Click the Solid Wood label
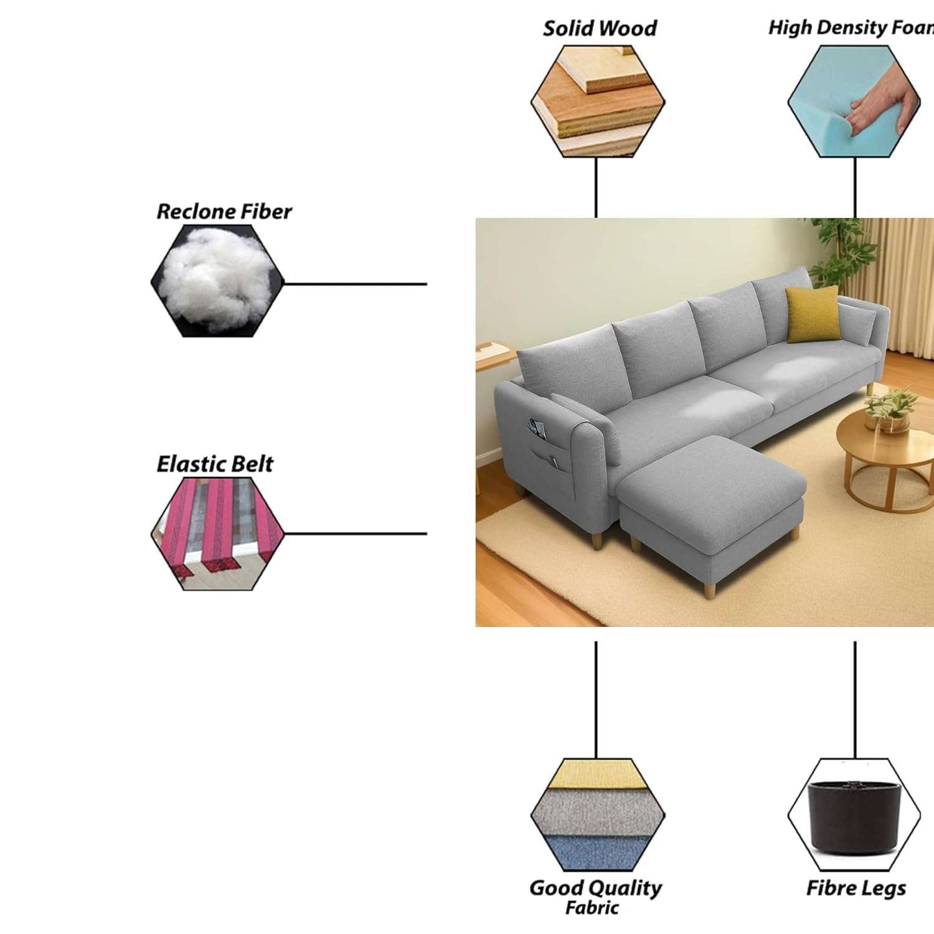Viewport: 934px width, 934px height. point(600,29)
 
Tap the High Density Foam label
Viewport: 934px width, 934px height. point(851,28)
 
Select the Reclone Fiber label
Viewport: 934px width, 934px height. point(224,212)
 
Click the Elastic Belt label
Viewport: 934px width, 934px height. point(214,465)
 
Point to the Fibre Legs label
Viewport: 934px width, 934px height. point(856,888)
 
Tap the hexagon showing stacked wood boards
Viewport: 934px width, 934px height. point(598,102)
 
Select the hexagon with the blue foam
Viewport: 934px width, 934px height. point(854,101)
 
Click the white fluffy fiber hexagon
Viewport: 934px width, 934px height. point(217,281)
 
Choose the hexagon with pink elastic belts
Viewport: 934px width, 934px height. point(217,534)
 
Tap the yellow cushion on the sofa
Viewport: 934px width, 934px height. point(812,314)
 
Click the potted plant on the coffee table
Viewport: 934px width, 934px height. point(892,408)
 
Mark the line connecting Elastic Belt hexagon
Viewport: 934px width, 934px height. point(355,534)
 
